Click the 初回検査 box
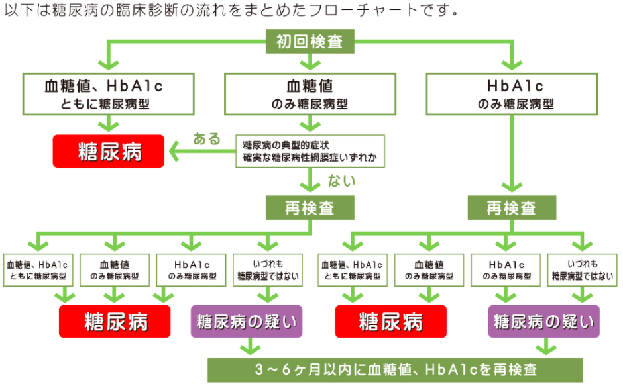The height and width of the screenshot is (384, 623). [310, 41]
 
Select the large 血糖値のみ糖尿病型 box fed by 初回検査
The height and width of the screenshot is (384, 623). [310, 94]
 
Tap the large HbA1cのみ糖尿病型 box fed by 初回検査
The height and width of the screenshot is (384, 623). [512, 94]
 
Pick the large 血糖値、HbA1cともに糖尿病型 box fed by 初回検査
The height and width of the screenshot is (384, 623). [109, 94]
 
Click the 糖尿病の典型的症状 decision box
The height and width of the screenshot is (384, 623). [310, 151]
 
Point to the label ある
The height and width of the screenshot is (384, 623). [207, 138]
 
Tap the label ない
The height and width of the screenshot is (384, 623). [341, 181]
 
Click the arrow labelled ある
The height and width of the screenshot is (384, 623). [202, 151]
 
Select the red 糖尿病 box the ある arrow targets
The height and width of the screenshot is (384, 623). [109, 151]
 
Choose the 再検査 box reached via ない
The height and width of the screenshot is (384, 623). [310, 208]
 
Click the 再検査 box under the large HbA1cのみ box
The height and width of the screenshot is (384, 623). [512, 208]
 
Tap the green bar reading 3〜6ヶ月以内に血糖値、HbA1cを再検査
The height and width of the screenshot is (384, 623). [395, 369]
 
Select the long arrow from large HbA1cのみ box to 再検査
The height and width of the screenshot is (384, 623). [512, 154]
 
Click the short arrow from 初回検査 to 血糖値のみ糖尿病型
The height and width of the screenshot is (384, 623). [310, 62]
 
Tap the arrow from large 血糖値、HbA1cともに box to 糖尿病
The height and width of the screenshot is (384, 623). [109, 124]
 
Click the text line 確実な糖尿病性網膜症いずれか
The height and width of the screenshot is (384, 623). [310, 158]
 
